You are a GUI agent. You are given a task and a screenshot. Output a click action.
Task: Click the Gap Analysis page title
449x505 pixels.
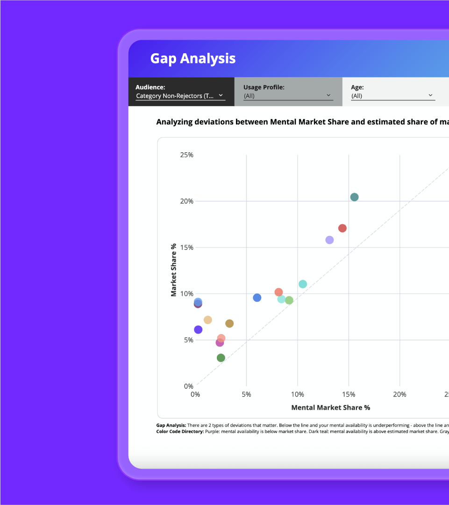[x=192, y=58]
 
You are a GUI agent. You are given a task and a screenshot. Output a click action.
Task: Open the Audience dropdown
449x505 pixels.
[x=180, y=96]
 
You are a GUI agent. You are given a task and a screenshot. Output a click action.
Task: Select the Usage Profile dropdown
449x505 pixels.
[x=288, y=96]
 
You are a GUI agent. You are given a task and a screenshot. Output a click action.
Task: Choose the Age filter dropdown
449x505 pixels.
[x=392, y=96]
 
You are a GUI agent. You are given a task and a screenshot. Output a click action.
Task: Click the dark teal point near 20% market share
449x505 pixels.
[x=354, y=197]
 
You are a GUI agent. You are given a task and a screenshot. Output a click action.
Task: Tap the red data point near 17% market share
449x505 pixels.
[x=342, y=228]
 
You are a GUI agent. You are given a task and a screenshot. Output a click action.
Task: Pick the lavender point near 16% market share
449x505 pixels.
[x=329, y=240]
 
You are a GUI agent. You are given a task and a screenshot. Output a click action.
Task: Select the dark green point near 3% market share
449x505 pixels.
[x=221, y=358]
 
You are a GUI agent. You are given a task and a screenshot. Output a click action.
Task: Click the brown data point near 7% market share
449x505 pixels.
[x=229, y=324]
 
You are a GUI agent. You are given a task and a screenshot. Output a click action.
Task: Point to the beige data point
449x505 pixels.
[x=208, y=320]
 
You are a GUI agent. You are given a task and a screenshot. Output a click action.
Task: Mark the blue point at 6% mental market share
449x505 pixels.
[x=257, y=298]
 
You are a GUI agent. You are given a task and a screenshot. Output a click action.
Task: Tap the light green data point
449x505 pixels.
[x=289, y=300]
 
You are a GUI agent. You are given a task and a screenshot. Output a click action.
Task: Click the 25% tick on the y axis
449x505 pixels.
[x=186, y=155]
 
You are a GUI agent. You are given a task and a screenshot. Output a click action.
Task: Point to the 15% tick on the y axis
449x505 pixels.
[x=186, y=248]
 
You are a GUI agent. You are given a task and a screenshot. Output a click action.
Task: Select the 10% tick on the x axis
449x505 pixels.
[x=298, y=395]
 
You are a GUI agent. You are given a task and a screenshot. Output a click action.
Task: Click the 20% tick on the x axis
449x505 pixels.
[x=399, y=395]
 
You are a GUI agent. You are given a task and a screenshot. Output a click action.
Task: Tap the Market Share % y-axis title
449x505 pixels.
[x=174, y=270]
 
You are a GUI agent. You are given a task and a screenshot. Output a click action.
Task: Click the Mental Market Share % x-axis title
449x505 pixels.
[x=330, y=408]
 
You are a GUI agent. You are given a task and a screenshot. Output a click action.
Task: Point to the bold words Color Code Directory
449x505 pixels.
[x=180, y=432]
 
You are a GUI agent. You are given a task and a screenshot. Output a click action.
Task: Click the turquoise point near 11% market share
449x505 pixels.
[x=303, y=284]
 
